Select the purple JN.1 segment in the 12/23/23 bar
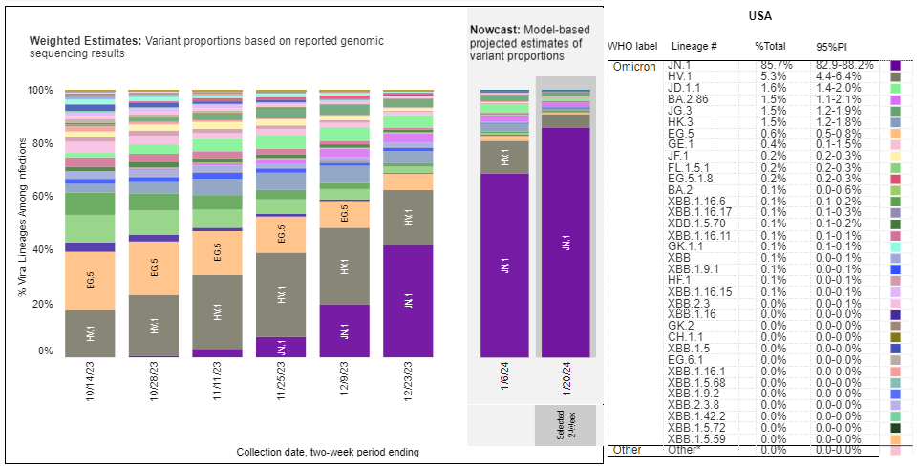[408, 301]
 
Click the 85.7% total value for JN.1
[768, 65]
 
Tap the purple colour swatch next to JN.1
[896, 66]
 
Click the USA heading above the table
[759, 16]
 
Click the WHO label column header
[632, 46]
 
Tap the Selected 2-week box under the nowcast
[566, 423]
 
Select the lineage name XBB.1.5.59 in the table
[700, 438]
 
